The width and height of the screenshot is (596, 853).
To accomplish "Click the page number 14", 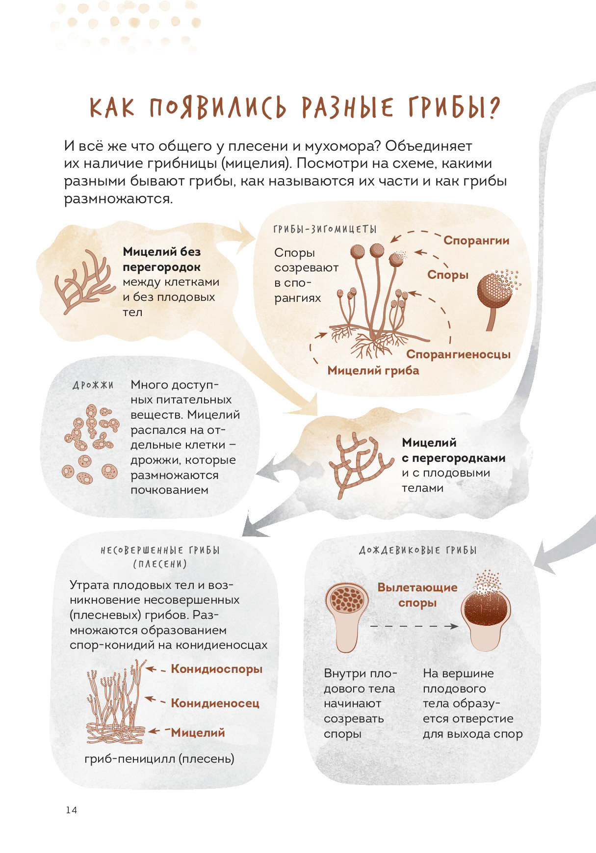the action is coord(71,810).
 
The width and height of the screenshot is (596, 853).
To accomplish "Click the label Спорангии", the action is coord(476,240).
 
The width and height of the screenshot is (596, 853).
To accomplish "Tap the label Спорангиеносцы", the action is coord(458,354).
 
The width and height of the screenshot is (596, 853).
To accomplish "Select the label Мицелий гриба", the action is coord(373,370).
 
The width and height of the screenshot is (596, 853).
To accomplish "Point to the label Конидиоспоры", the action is coord(216,669).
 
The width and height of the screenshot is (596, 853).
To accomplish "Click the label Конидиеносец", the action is coord(215,703).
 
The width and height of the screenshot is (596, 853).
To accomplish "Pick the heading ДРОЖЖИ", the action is coord(93,385).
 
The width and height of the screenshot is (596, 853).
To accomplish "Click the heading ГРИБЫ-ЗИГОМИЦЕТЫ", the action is coord(325,229).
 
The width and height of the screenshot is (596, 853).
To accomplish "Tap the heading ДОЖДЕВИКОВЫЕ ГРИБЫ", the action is coord(418,550).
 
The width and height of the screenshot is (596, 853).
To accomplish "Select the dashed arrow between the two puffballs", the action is coord(414,626).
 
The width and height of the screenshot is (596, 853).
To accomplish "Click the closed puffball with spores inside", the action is coord(347,616).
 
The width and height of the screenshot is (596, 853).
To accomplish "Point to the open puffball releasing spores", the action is coord(486,611).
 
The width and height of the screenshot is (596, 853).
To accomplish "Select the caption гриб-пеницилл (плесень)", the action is coord(159,759).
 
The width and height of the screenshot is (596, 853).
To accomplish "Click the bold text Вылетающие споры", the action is coord(417,595).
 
